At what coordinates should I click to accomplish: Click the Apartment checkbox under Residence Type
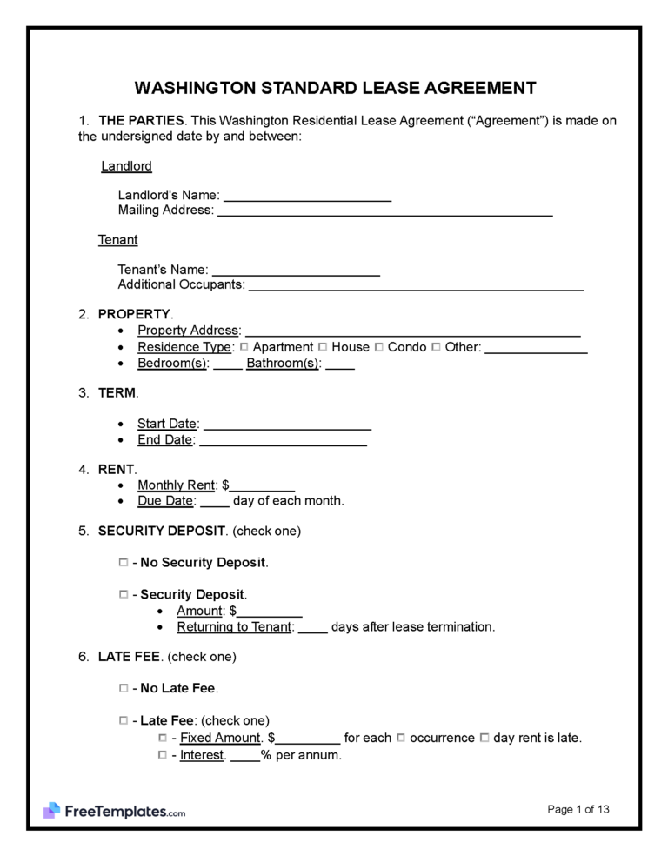tap(244, 347)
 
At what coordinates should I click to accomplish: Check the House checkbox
tap(323, 347)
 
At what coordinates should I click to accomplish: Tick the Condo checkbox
tap(379, 347)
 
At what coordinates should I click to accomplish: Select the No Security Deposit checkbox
tap(123, 563)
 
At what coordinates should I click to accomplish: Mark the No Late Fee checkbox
tap(123, 688)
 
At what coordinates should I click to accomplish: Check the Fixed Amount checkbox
tap(163, 738)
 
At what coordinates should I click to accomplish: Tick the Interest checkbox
tap(163, 755)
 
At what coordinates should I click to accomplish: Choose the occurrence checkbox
tap(401, 738)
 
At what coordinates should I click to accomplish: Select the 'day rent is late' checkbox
tap(484, 738)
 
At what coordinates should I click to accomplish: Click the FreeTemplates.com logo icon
tap(51, 811)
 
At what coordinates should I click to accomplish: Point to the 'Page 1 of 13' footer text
tap(578, 809)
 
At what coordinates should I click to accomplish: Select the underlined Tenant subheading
tap(117, 239)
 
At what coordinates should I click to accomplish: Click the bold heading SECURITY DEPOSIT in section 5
tap(162, 530)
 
